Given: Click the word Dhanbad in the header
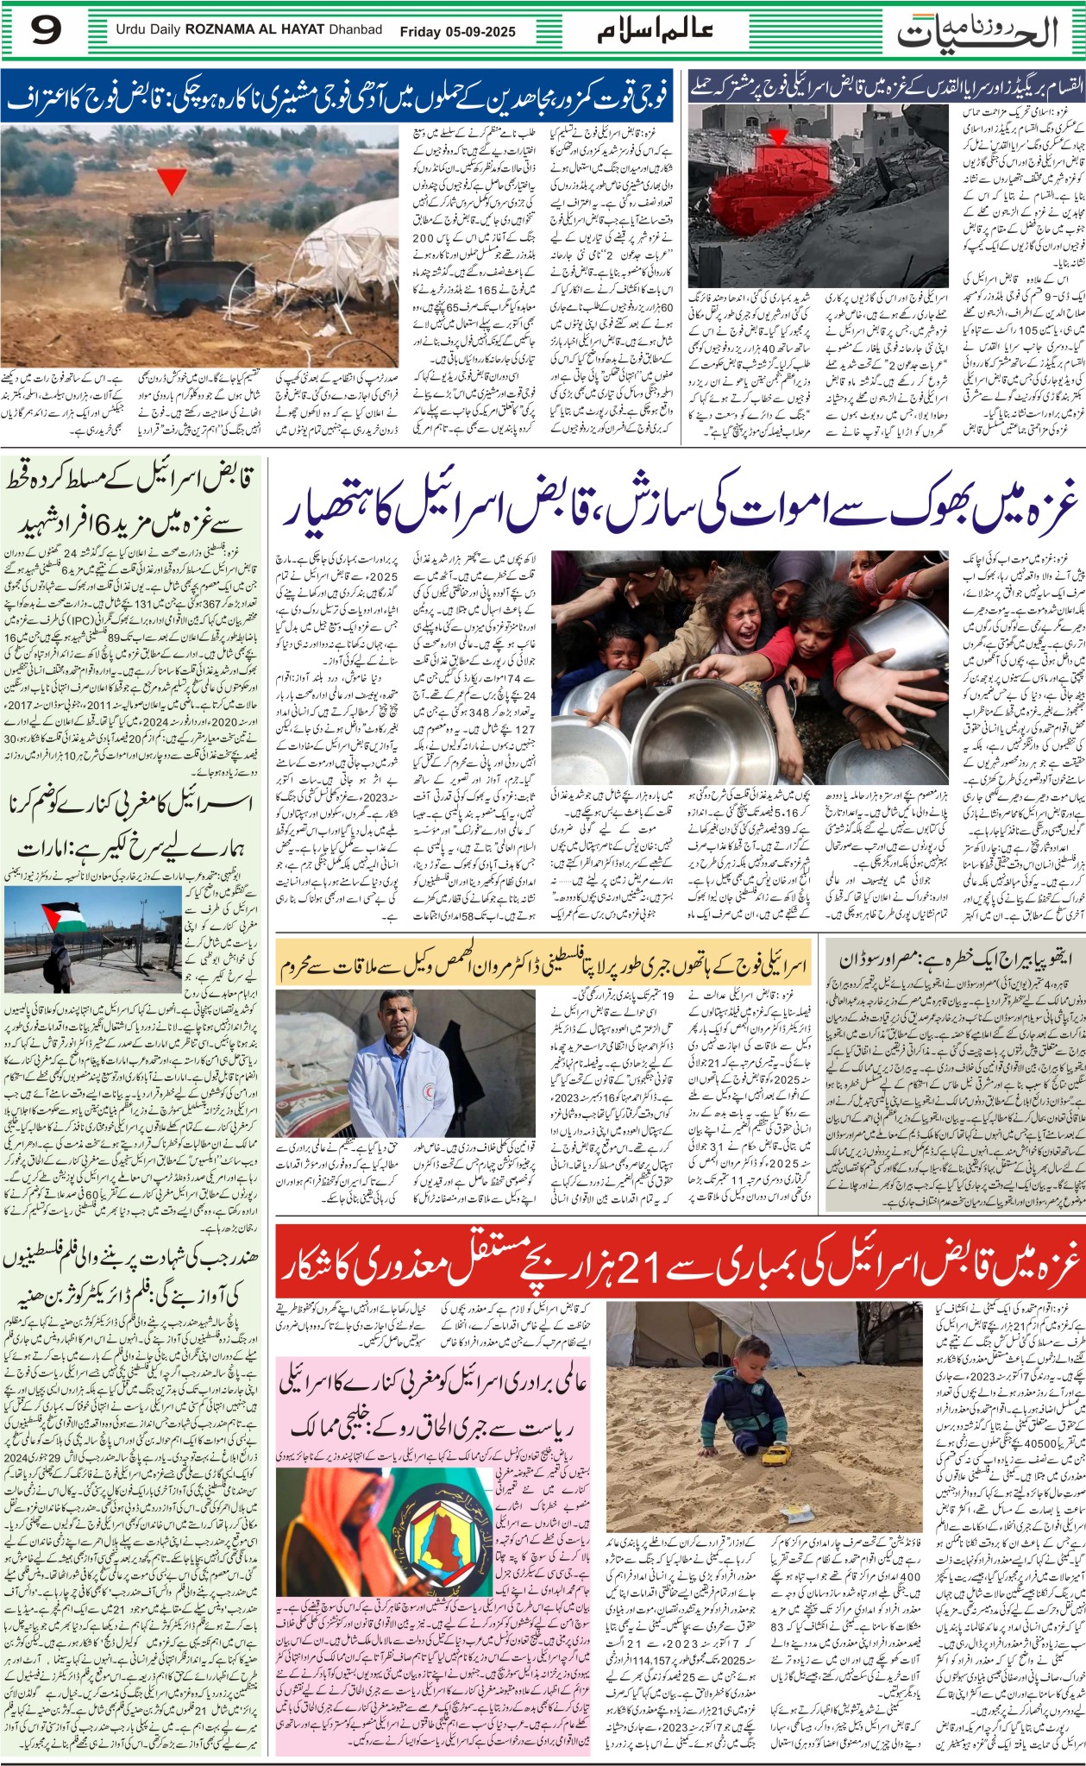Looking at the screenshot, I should (x=355, y=30).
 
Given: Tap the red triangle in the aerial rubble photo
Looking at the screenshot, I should (x=778, y=137).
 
